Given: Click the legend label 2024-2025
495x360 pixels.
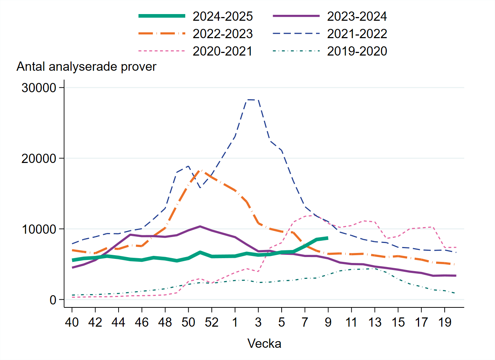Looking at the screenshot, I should (222, 16).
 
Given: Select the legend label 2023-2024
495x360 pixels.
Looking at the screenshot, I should (357, 16).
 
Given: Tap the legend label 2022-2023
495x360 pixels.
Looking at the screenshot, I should (222, 34).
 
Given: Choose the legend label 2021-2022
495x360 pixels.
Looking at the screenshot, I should (357, 34).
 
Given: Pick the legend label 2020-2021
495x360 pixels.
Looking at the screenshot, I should (222, 51).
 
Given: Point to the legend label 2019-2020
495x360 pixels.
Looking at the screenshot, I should (357, 51).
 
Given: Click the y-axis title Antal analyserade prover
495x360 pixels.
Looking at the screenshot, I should (86, 67).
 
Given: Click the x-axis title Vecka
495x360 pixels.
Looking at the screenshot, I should (264, 344).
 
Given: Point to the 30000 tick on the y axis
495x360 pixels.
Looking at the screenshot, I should (39, 88).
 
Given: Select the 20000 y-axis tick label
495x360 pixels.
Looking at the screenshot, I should (39, 159).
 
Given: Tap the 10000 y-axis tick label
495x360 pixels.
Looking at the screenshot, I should (39, 229).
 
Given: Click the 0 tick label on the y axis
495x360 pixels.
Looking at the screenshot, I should (53, 300).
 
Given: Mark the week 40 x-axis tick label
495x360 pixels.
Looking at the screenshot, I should (72, 323).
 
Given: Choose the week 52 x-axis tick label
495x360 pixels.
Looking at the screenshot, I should (212, 323).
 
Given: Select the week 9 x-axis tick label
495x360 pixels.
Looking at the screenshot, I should (328, 323).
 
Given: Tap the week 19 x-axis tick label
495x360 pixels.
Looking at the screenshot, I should (445, 323).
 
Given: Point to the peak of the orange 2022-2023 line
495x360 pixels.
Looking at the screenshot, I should (200, 170).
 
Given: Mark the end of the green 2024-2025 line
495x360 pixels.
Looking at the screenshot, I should (328, 238).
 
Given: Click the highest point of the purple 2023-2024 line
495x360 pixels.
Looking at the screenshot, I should (200, 226).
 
